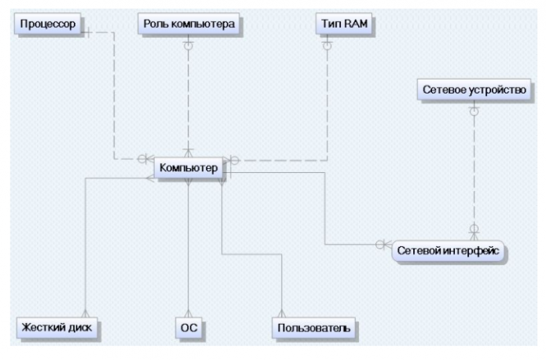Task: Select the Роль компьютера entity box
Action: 190,25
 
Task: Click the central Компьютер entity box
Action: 189,168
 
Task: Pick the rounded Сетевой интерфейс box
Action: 448,249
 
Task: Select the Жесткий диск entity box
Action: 59,329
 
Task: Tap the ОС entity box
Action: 189,329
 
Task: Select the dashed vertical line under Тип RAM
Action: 327,98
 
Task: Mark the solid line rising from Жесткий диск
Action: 85,246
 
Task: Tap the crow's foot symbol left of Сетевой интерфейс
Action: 382,244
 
